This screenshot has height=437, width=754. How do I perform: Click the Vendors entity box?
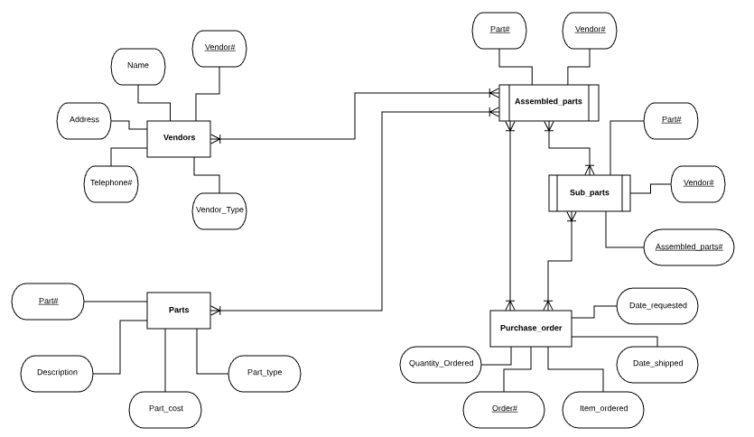coord(179,138)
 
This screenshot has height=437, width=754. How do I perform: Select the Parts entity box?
coord(179,310)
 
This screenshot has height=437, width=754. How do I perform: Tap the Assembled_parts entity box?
coord(548,102)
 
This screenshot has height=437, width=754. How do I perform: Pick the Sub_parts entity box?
coord(589,192)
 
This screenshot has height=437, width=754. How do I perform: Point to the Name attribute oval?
coord(138,66)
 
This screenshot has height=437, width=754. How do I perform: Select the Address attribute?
coord(84,120)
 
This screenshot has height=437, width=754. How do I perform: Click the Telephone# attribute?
coord(111,183)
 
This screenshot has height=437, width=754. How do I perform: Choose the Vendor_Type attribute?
coord(219,210)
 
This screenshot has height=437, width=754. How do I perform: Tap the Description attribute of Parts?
coord(57,372)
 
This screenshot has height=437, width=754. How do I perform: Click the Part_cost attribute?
coord(165,409)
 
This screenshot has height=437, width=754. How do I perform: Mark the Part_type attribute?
coord(260,372)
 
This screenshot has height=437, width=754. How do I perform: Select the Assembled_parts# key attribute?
coord(689,246)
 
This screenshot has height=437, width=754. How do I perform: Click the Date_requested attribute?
coord(657,305)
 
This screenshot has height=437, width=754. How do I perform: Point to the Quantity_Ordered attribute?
coord(441,364)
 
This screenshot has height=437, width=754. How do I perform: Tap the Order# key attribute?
coord(504,409)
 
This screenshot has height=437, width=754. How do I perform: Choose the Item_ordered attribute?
coord(603,409)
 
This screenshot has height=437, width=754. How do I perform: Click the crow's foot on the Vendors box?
coord(216,138)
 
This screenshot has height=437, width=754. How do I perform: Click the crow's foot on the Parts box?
coord(216,310)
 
